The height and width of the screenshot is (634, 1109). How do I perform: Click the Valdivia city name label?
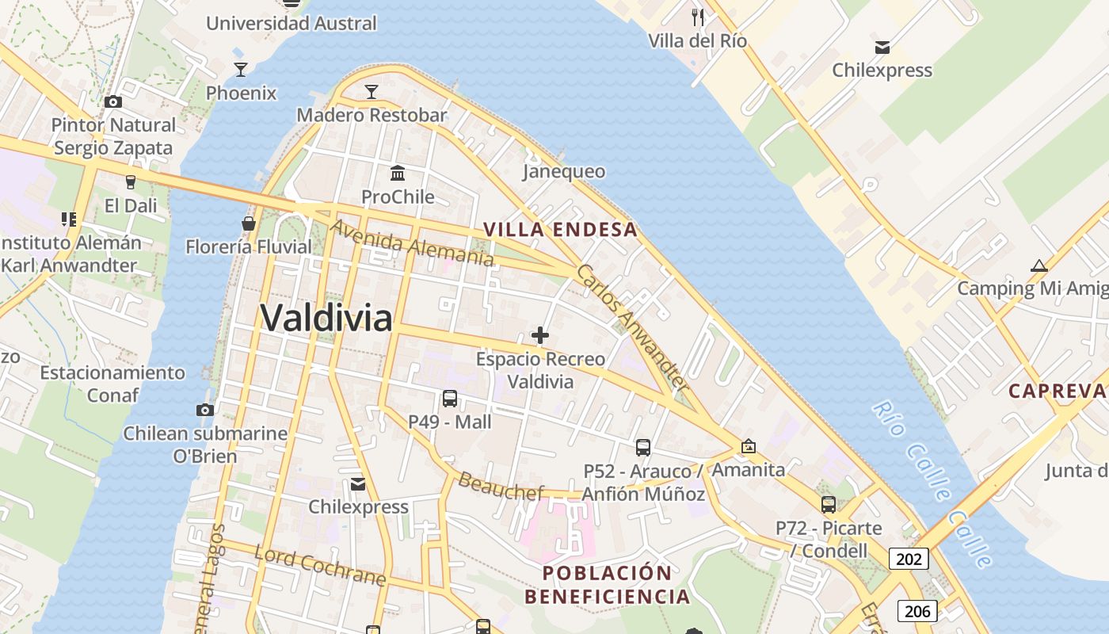[x=326, y=319]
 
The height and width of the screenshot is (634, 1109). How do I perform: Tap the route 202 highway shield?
[x=909, y=560]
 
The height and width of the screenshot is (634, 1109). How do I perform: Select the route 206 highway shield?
[x=917, y=611]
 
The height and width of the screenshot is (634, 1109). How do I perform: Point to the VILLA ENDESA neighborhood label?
[x=560, y=230]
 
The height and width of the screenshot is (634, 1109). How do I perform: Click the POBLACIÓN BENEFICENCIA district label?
[x=607, y=584]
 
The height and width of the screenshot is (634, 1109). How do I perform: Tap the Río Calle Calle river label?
[x=932, y=483]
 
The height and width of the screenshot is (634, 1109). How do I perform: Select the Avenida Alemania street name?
[x=412, y=243]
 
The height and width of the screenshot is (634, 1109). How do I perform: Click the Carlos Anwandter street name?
[x=631, y=327]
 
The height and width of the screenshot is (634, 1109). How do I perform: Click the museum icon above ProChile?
[x=398, y=173]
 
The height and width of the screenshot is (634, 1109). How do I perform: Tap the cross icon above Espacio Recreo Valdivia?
[x=540, y=336]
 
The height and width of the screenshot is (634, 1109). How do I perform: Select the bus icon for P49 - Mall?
[x=450, y=399]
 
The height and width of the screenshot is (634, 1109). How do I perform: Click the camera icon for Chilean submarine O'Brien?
[x=205, y=410]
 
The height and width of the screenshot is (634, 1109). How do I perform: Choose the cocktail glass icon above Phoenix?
[x=241, y=70]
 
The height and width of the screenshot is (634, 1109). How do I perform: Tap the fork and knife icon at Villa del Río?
[x=697, y=17]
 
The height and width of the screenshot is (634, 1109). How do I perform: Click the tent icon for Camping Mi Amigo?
[x=1038, y=265]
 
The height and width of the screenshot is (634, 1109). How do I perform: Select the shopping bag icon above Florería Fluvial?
[x=249, y=223]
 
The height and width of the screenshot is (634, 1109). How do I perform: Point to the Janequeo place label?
[x=564, y=172]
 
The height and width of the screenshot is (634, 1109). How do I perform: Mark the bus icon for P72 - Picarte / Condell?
[x=829, y=504]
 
